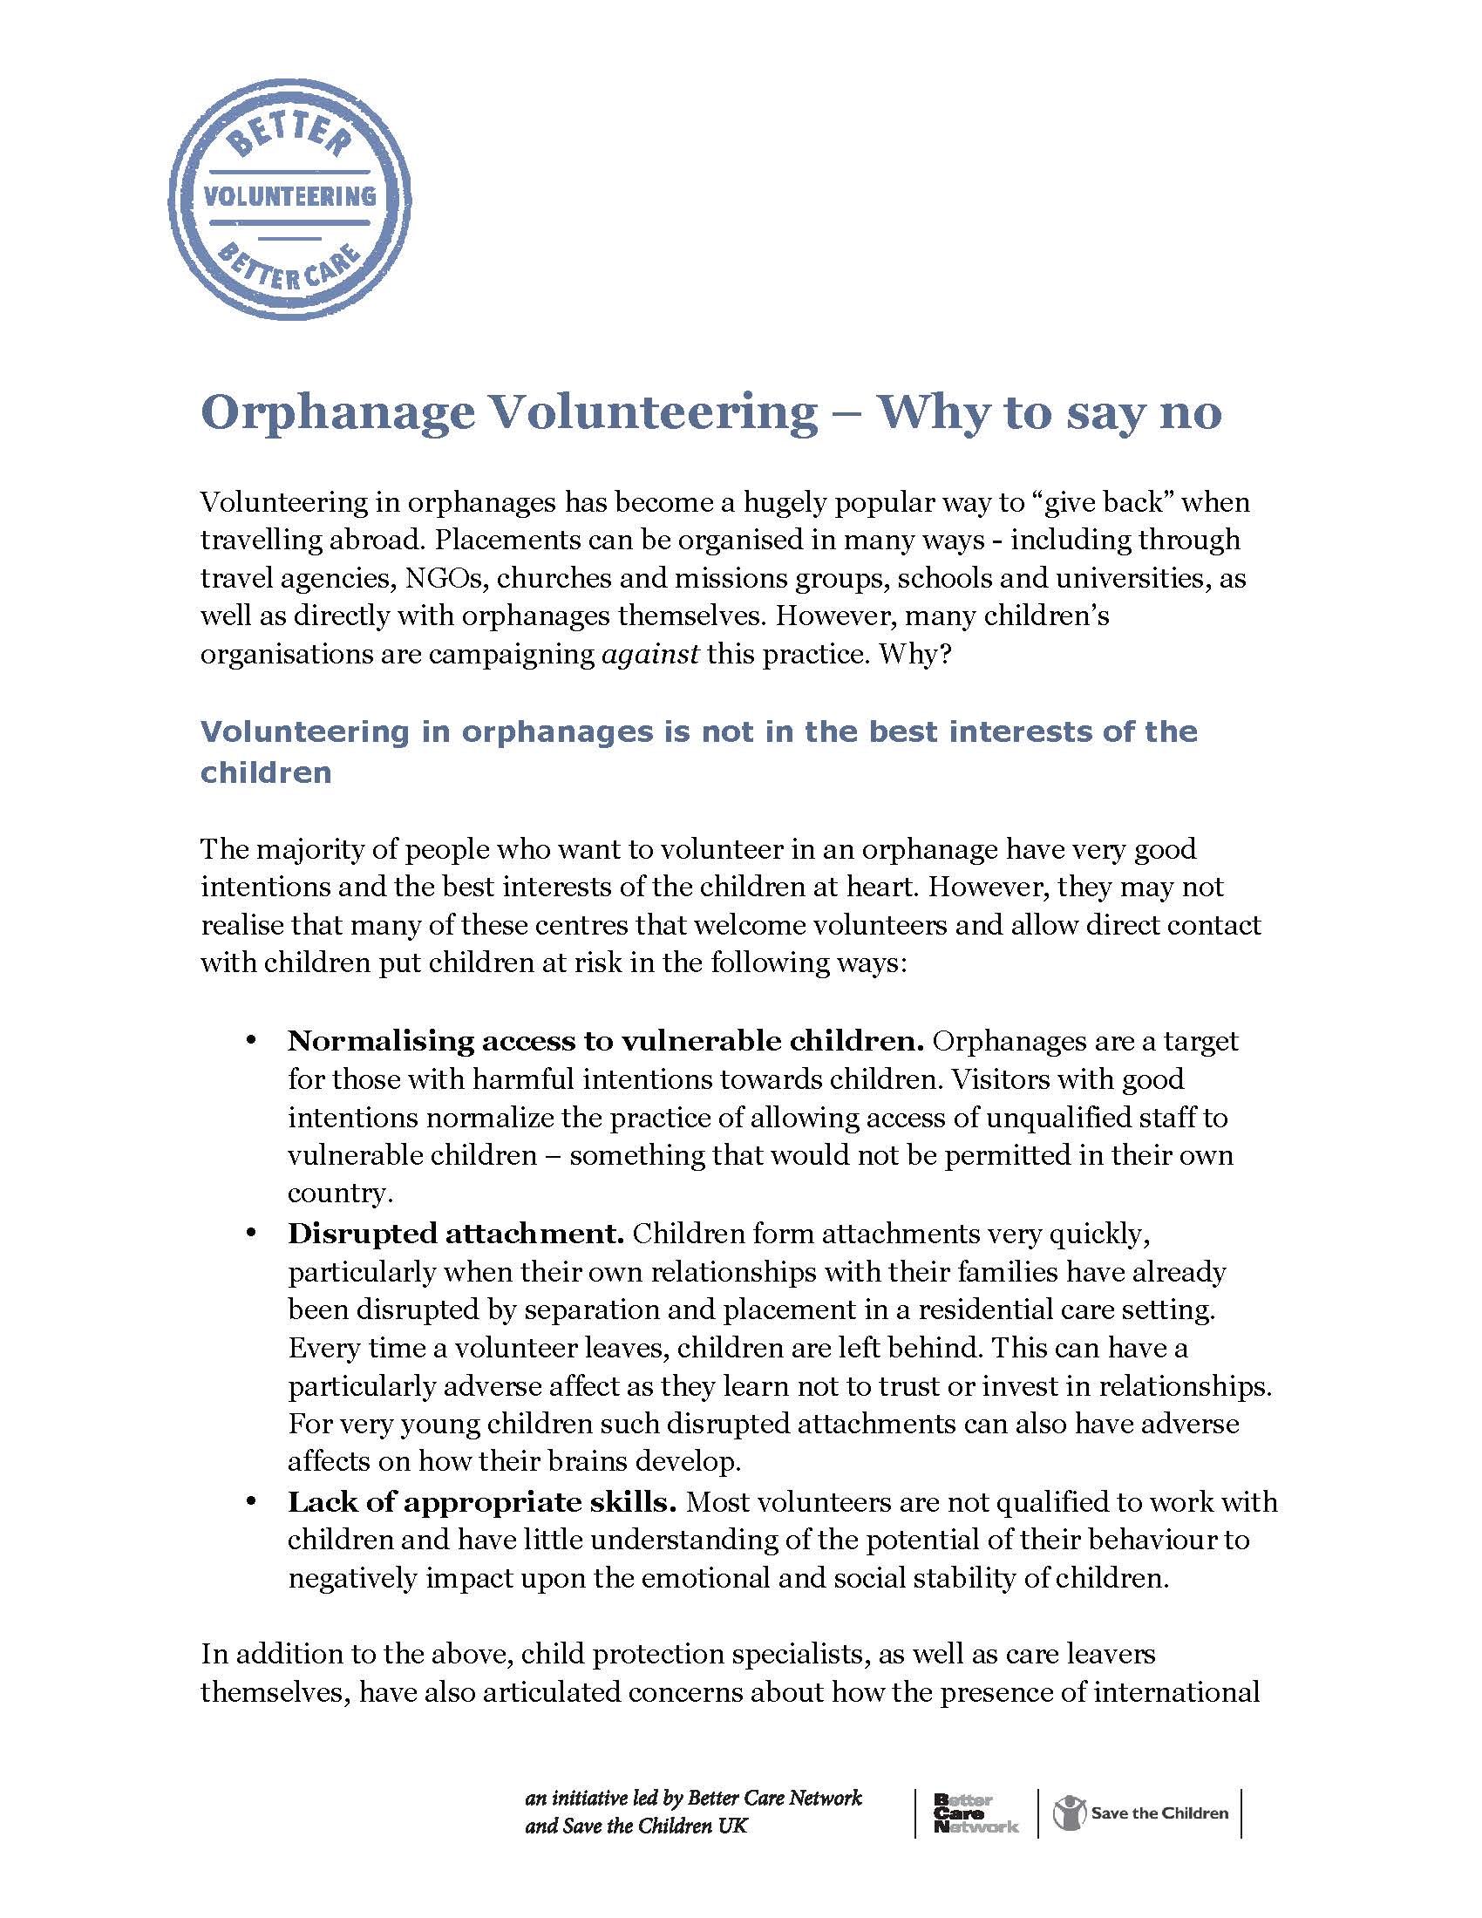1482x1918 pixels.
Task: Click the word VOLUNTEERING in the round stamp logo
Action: tap(289, 195)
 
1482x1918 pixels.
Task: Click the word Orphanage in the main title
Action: tap(337, 411)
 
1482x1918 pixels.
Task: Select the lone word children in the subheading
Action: tap(266, 772)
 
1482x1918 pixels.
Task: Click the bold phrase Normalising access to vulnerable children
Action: tap(605, 1042)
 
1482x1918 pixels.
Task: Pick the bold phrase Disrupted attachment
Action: tap(455, 1234)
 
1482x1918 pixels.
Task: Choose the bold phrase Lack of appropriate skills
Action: tap(481, 1503)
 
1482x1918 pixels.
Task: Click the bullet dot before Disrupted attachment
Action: tap(251, 1234)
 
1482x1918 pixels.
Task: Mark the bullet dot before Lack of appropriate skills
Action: tap(251, 1503)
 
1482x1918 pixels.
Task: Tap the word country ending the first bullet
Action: tap(338, 1194)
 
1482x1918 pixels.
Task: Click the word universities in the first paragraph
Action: tap(1129, 578)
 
